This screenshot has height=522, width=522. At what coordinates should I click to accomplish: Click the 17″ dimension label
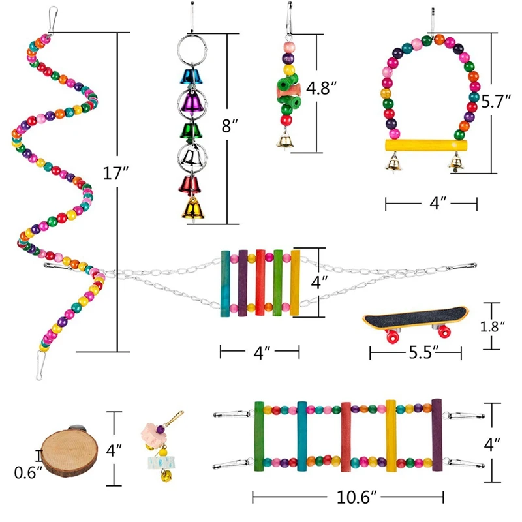(x=115, y=174)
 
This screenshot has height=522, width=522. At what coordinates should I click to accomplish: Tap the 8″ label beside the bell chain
(x=230, y=126)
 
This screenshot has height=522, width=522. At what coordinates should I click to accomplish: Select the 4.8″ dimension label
(x=321, y=88)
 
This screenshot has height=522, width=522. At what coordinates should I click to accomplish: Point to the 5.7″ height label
(x=496, y=101)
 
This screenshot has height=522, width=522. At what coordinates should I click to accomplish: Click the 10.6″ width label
(x=356, y=497)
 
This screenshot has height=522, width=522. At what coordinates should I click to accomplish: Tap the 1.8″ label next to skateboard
(x=492, y=327)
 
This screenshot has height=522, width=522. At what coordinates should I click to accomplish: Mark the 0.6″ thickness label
(x=28, y=472)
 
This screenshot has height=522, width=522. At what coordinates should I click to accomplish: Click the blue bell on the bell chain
(x=191, y=76)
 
